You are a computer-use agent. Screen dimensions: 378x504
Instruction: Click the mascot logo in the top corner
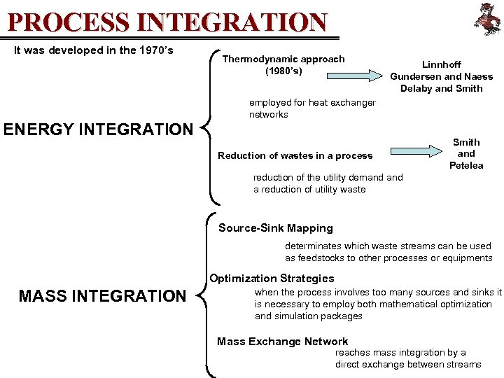click(486, 19)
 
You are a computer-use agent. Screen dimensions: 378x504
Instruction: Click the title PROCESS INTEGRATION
click(167, 22)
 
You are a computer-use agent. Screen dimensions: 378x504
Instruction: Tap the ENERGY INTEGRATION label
click(98, 129)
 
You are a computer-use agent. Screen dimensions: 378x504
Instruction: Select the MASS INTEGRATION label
click(102, 296)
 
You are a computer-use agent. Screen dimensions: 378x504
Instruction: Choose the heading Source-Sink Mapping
click(276, 228)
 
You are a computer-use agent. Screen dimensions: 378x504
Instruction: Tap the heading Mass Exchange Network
click(283, 342)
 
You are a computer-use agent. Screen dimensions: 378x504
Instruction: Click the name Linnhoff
click(442, 64)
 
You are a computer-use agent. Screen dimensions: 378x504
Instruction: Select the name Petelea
click(466, 166)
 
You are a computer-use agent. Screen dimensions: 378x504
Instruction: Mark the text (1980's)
click(283, 71)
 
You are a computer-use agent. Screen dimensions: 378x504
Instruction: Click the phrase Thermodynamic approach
click(283, 59)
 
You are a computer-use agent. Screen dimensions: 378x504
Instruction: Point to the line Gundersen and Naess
click(442, 76)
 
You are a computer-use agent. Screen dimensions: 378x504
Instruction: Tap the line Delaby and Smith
click(442, 88)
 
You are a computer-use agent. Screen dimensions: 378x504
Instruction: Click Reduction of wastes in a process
click(295, 155)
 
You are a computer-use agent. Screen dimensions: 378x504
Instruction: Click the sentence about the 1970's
click(94, 50)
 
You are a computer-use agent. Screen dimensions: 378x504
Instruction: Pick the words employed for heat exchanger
click(312, 102)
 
